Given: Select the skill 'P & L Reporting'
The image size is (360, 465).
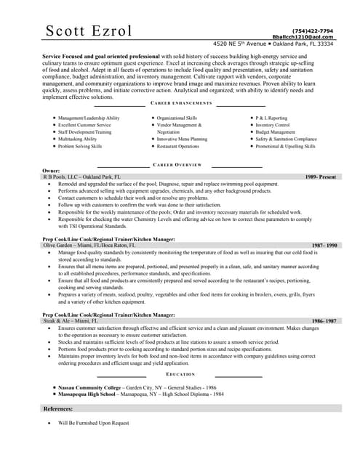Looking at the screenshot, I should coord(271,118).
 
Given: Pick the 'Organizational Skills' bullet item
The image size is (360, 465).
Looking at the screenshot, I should coord(177,118).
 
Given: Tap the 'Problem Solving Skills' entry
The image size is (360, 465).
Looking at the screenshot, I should coord(80,146).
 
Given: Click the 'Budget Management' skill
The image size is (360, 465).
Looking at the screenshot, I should coord(275,132).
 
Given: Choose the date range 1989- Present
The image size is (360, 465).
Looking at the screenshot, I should coord(320,177).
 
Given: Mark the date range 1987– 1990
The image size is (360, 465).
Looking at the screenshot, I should coord(324,246).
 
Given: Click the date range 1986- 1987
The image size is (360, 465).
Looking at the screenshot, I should coord(324,320).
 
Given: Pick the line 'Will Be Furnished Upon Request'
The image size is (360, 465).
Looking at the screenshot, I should coord(93,422).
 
